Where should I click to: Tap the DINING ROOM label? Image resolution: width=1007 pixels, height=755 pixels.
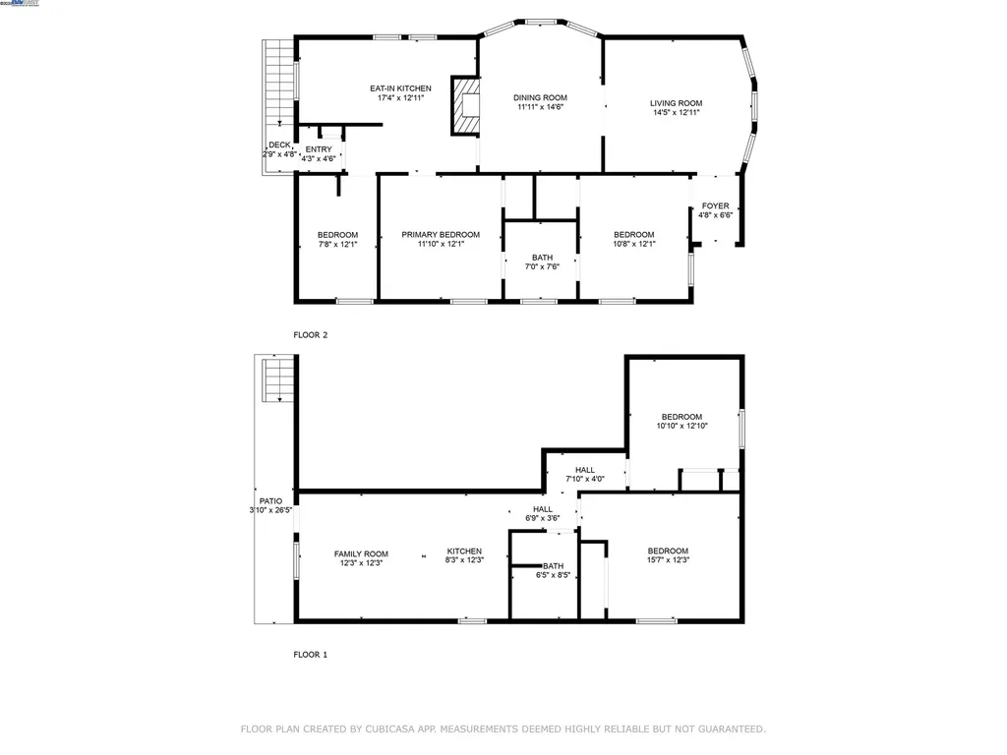coord(541,97)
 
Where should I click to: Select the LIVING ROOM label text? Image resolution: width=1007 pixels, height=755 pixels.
coord(676,103)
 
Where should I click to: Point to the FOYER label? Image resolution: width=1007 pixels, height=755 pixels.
coord(715,206)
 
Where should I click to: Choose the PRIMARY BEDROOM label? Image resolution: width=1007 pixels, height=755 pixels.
coord(441,234)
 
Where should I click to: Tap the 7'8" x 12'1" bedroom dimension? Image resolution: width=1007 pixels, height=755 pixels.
coord(337,244)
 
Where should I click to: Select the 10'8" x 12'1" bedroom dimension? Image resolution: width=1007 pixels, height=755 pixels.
coord(634,244)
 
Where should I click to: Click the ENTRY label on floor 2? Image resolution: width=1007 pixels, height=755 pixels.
coord(319,149)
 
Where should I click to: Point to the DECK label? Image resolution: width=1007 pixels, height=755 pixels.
coord(279,145)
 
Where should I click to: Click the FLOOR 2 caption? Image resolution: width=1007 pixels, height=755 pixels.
coord(311,335)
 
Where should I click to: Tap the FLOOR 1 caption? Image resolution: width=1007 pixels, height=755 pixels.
coord(311,654)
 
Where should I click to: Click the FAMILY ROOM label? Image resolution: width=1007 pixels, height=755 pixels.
coord(361,552)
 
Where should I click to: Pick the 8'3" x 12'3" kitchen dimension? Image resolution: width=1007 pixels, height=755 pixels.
coord(464,562)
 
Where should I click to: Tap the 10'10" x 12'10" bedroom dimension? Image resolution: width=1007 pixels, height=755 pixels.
coord(681,426)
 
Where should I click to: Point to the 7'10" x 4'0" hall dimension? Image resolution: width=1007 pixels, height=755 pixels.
coord(585,479)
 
